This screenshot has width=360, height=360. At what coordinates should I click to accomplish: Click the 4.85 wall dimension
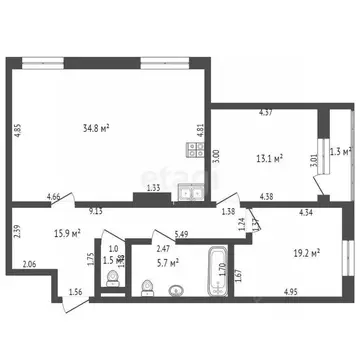16,130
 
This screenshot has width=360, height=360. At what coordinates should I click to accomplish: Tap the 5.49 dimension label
181,235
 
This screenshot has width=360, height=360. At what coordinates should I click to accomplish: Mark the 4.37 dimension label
266,111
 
